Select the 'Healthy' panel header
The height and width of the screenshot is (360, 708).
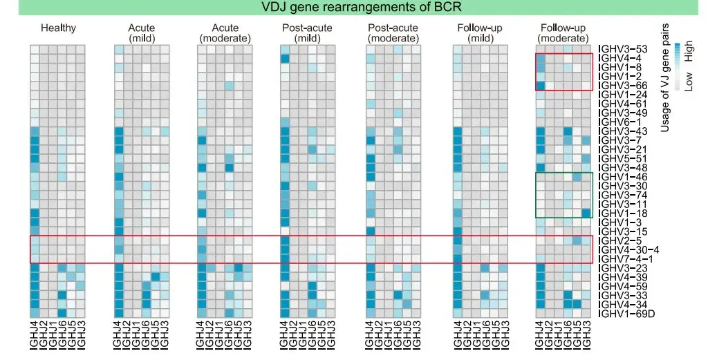click(x=58, y=28)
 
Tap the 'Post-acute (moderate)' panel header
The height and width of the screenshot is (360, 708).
click(x=393, y=33)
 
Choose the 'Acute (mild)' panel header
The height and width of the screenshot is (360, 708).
click(x=142, y=33)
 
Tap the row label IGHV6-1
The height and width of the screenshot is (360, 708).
click(x=619, y=122)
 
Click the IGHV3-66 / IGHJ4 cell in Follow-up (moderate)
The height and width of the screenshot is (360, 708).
click(x=541, y=85)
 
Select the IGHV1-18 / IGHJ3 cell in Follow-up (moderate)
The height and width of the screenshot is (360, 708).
click(x=587, y=214)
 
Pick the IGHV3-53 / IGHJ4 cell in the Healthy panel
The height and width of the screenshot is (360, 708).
click(x=35, y=49)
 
